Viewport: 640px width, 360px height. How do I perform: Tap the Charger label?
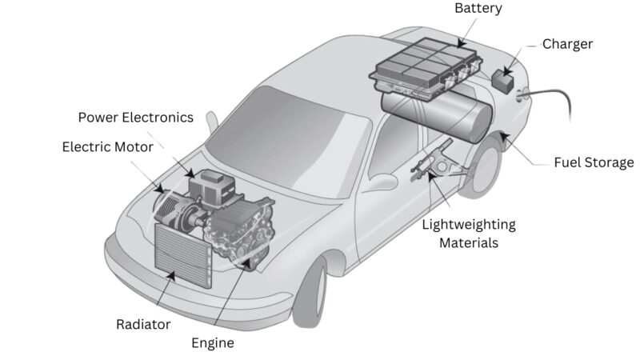click(567, 44)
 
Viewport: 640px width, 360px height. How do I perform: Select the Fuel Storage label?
click(594, 162)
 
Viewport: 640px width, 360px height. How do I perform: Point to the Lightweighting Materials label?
click(468, 233)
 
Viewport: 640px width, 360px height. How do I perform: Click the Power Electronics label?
click(135, 118)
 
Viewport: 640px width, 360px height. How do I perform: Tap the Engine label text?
click(213, 342)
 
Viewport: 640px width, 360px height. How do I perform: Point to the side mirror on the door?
click(383, 181)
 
